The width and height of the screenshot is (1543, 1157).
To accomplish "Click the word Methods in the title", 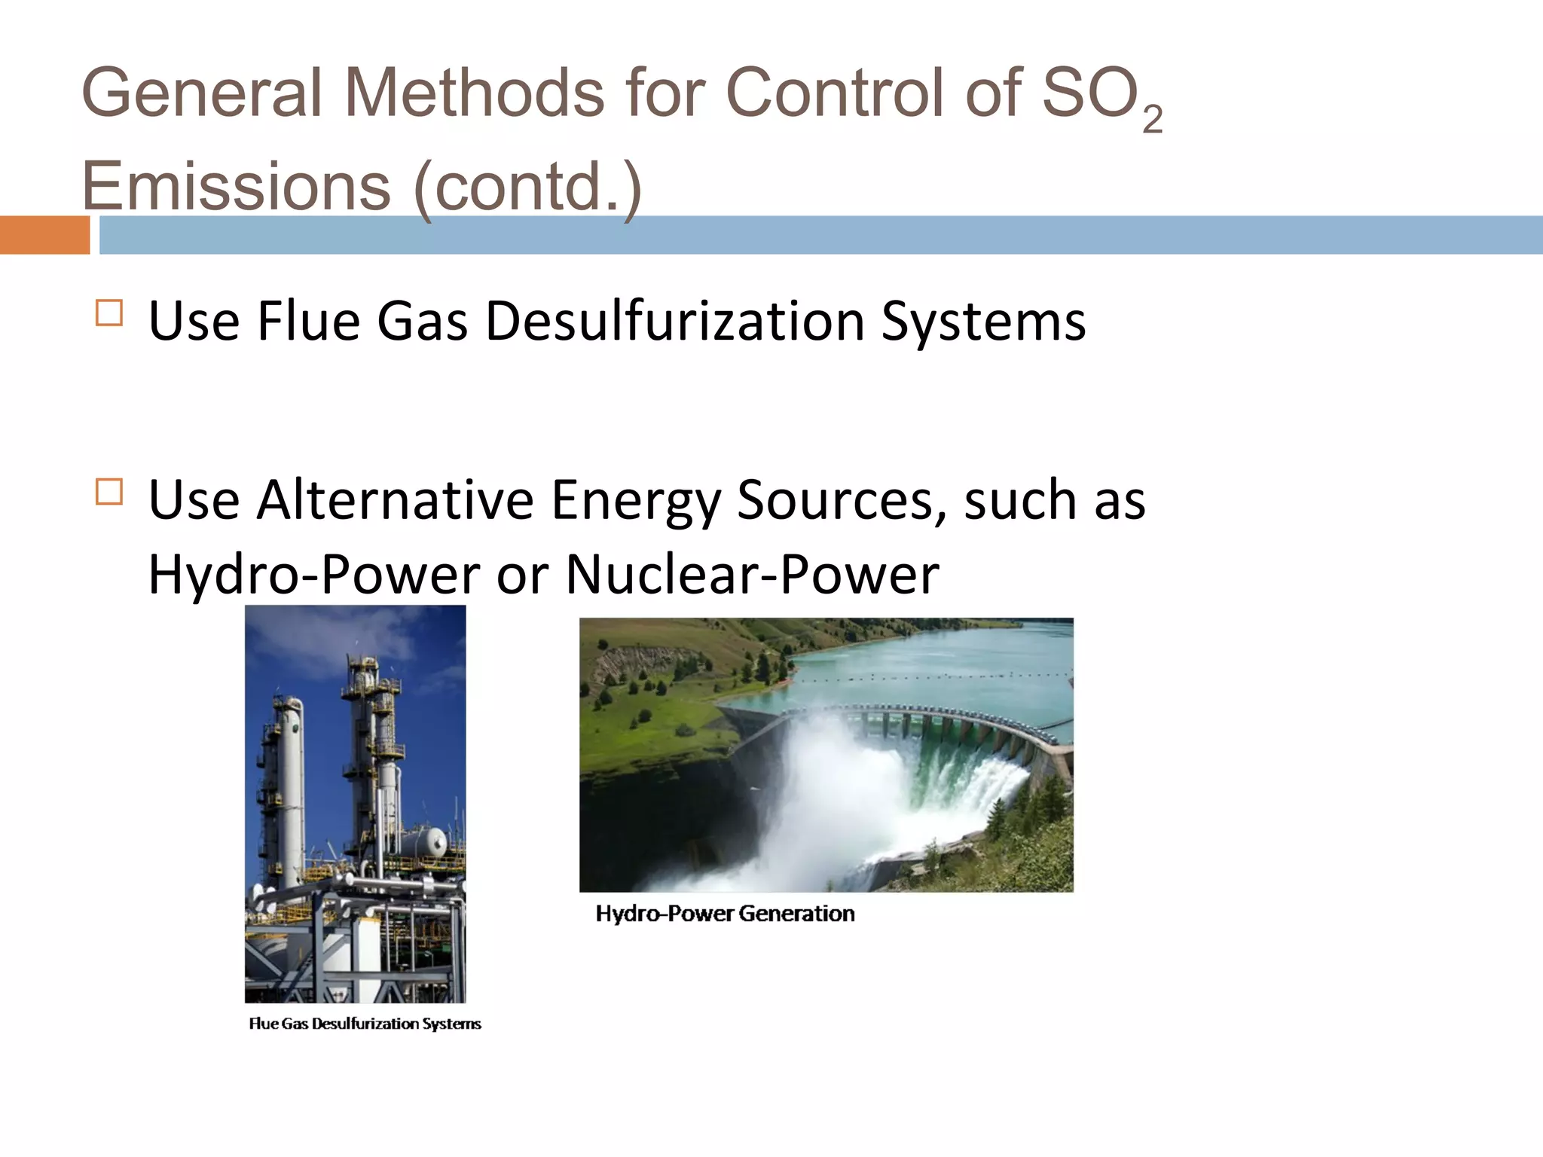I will point(474,93).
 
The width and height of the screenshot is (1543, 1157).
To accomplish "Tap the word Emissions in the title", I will point(236,186).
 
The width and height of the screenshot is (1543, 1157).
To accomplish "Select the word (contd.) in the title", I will point(528,186).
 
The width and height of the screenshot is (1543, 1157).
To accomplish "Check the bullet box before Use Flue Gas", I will point(109,313).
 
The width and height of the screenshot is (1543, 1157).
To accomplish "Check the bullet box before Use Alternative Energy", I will point(109,492).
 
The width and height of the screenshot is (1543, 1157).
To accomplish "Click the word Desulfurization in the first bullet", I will point(674,322).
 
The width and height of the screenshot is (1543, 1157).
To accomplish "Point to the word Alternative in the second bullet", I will point(395,500).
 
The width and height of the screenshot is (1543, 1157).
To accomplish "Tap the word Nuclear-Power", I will point(752,575).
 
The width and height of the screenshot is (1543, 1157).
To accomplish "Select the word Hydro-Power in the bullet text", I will point(313,575).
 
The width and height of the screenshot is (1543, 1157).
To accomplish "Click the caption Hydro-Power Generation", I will point(725,914).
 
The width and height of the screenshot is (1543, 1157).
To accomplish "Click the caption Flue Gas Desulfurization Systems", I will point(365,1024).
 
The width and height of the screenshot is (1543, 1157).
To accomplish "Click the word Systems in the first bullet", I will point(983,322).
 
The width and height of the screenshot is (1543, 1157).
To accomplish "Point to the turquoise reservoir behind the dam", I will point(942,663).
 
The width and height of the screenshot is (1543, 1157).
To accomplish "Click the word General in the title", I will point(202,93).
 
